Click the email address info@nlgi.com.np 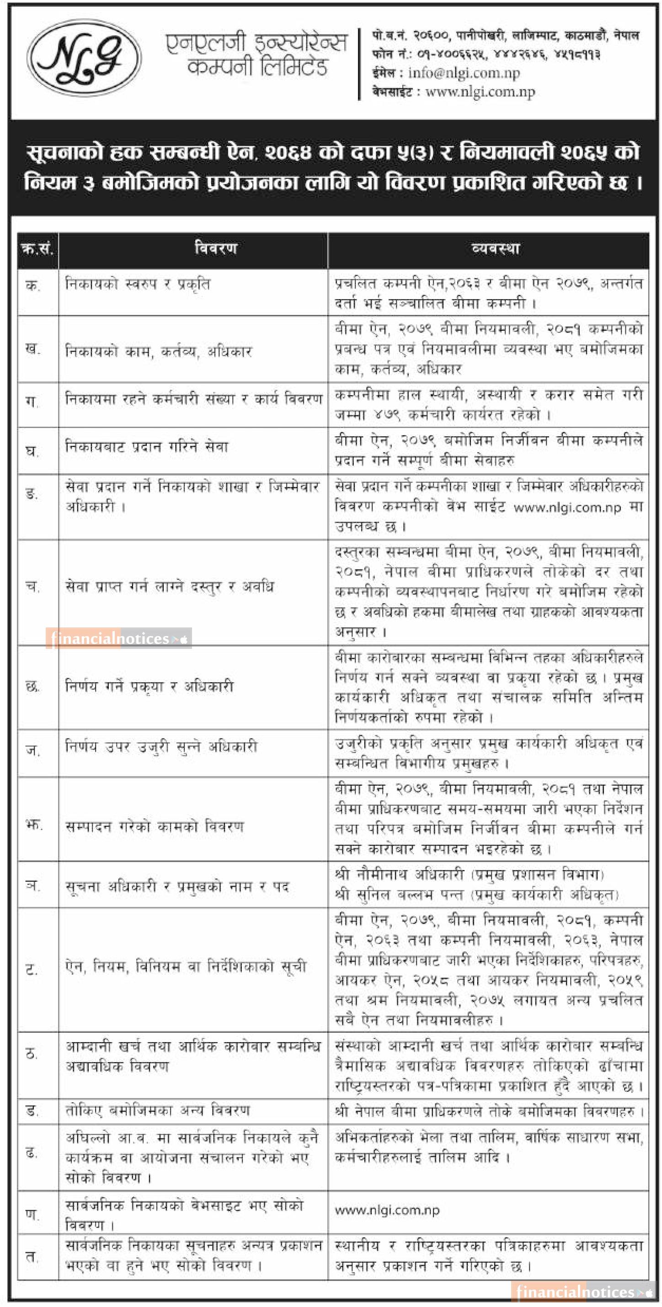(x=464, y=73)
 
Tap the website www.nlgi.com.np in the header (x=480, y=92)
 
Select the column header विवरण (x=216, y=249)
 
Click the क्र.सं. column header (x=37, y=249)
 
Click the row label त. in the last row (x=32, y=1257)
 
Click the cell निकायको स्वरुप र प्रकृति (x=138, y=284)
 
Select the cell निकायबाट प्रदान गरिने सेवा (x=147, y=447)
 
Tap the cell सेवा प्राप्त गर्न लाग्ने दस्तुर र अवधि (x=170, y=587)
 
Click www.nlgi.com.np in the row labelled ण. (x=387, y=1211)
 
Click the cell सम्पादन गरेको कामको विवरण (x=155, y=826)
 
